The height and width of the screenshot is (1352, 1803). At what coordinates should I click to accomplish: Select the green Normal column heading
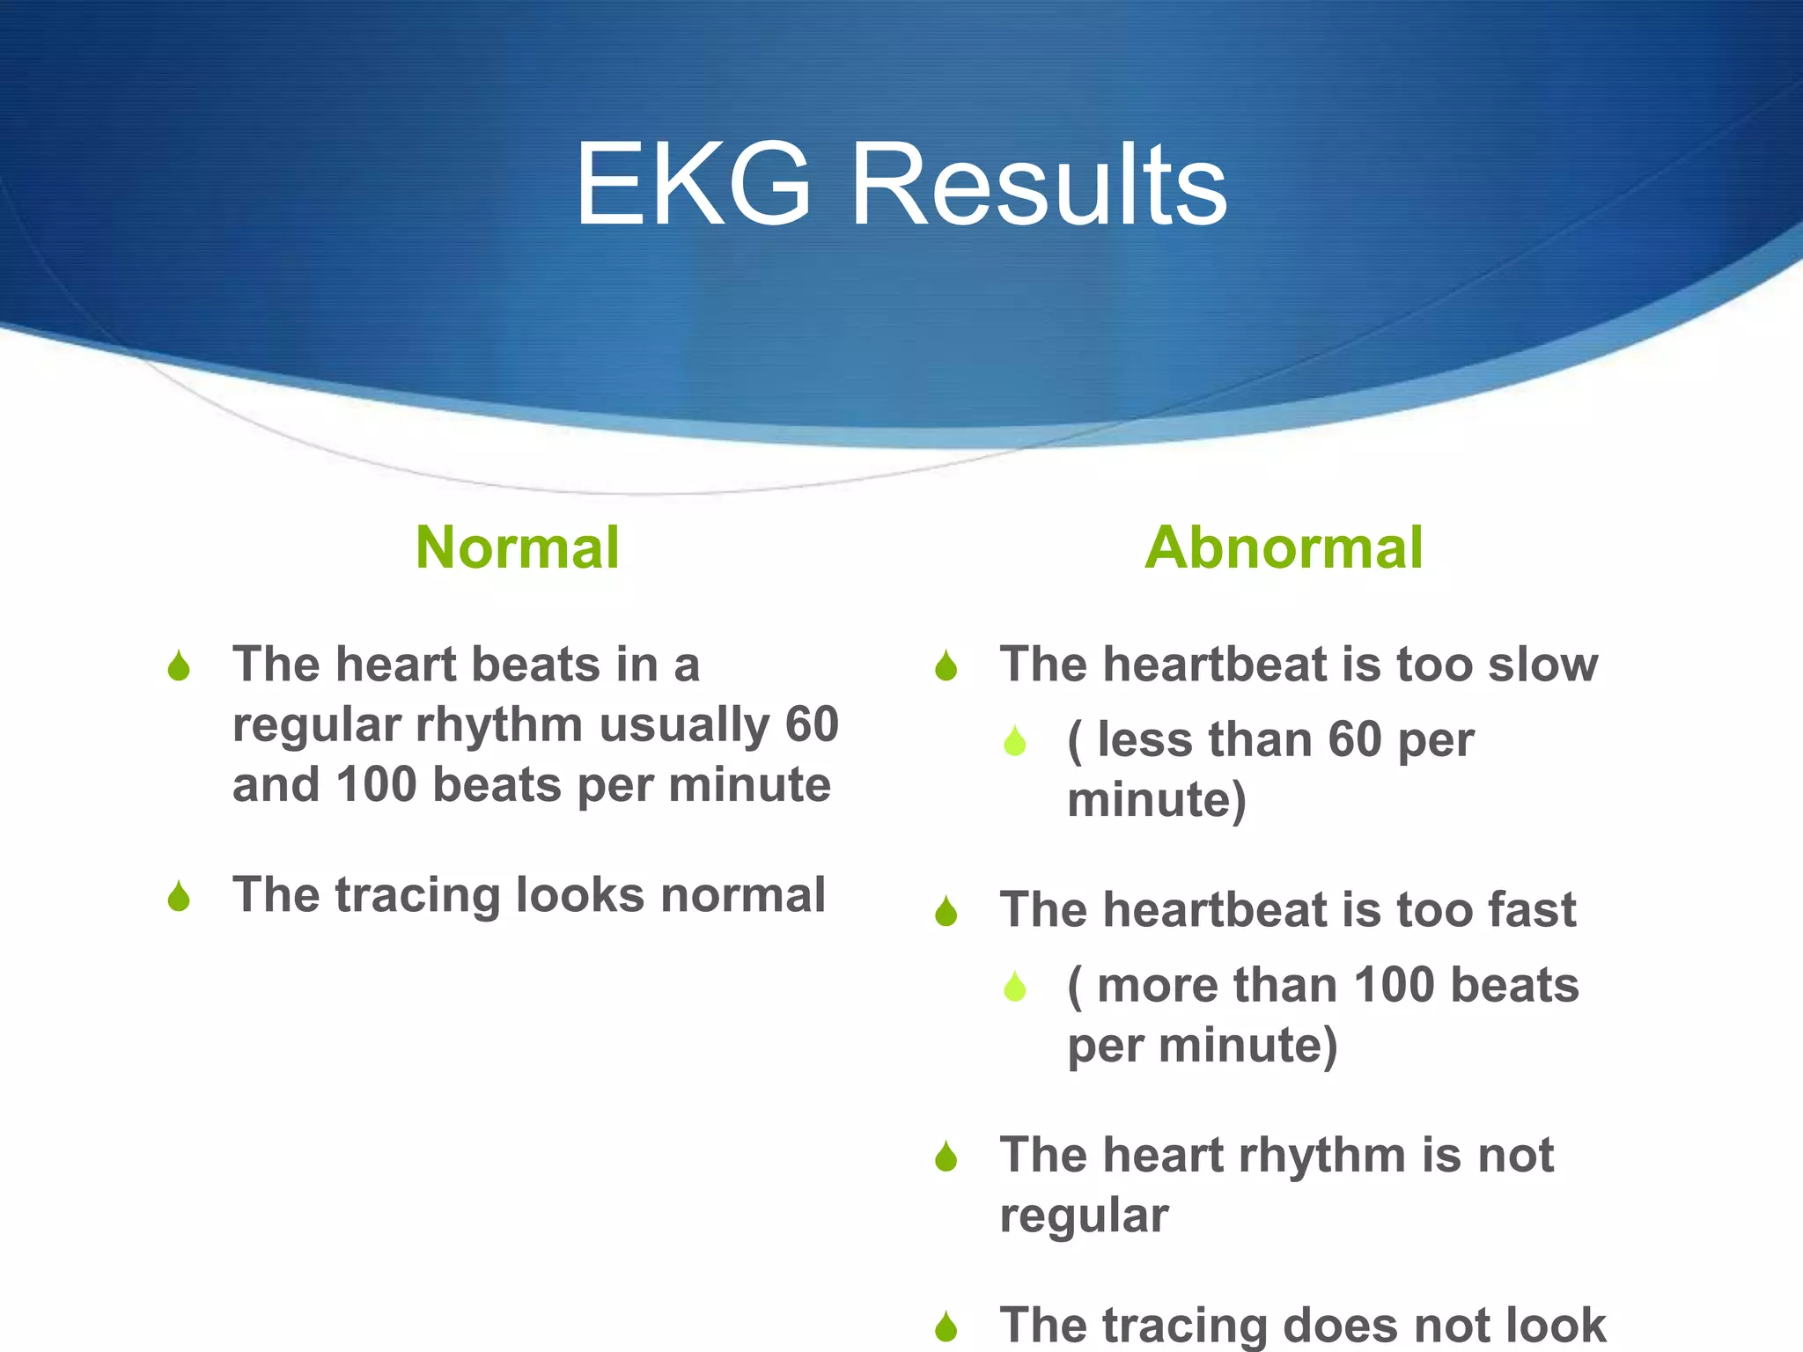point(518,547)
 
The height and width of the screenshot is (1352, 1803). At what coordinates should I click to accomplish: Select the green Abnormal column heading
point(1284,547)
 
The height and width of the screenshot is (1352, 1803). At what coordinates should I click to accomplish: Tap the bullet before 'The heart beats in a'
point(179,666)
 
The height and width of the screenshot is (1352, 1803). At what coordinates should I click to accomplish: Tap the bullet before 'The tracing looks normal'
point(179,897)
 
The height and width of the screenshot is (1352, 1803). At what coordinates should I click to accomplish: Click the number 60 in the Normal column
point(811,725)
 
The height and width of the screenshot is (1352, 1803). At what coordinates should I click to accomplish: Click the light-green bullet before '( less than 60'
point(1015,741)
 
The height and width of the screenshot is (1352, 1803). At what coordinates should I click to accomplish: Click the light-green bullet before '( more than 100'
point(1015,987)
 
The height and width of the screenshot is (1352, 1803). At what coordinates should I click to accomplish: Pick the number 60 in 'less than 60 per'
point(1354,739)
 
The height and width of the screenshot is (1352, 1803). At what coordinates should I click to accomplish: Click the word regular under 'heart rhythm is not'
point(1084,1216)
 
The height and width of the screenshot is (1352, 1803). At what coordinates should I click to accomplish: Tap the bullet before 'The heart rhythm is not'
point(946,1157)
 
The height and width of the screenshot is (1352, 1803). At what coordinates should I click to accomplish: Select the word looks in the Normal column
point(580,895)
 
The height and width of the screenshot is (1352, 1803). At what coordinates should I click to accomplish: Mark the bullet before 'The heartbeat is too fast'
point(946,912)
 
